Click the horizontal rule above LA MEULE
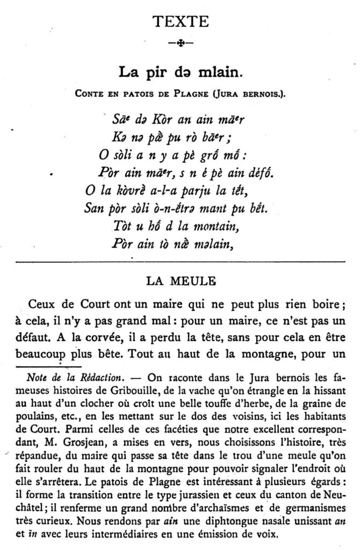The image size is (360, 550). pyautogui.click(x=181, y=262)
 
